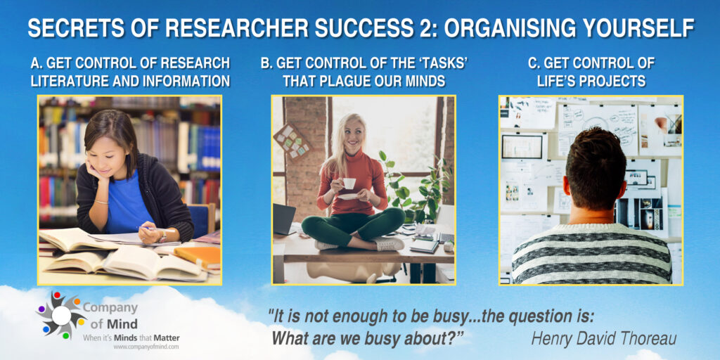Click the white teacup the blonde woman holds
349,184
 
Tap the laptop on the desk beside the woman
284,219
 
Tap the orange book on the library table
197,255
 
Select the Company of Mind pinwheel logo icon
60,315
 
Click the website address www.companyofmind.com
146,347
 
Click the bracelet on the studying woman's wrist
101,201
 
